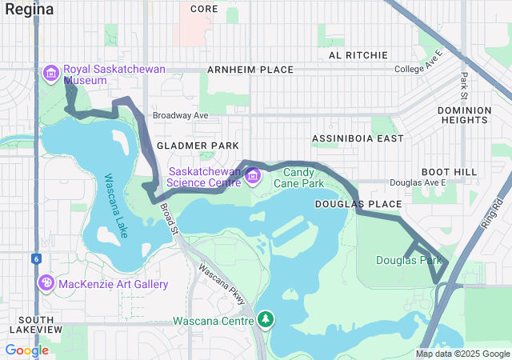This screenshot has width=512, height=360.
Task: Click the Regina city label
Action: [x=30, y=10]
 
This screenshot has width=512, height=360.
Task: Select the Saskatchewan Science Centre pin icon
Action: [x=252, y=176]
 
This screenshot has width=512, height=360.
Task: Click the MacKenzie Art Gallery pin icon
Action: [x=47, y=284]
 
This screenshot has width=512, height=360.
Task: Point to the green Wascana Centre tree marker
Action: [x=265, y=322]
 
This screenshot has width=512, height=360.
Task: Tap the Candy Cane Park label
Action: [x=303, y=178]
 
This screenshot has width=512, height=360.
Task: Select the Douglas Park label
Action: [x=409, y=261]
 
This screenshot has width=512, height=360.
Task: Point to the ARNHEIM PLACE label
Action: [x=250, y=70]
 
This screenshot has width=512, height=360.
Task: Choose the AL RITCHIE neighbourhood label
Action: [x=358, y=55]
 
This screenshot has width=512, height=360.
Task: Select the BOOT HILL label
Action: [x=449, y=172]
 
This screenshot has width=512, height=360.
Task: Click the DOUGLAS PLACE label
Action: [x=358, y=205]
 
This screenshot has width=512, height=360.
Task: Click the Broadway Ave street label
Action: [x=180, y=115]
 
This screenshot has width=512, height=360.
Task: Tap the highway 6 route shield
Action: [x=35, y=258]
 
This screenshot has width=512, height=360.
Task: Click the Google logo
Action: [x=26, y=350]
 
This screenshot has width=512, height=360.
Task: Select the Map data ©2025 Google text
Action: [x=462, y=354]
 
